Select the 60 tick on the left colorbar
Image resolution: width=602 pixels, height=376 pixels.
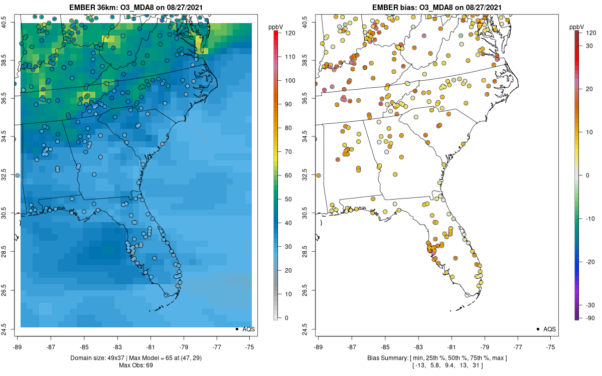(286, 175)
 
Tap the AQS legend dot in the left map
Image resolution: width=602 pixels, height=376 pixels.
(236, 329)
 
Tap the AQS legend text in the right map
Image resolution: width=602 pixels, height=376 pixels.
(550, 329)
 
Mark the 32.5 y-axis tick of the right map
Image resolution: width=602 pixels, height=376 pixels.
(311, 175)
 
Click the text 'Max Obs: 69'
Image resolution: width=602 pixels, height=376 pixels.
(135, 365)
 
